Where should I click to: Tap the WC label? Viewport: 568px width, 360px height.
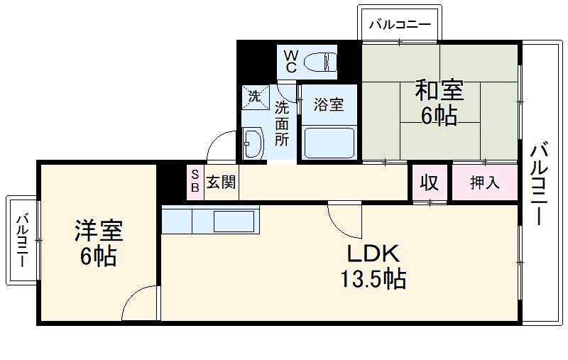[x=291, y=61]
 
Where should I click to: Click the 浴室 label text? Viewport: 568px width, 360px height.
[x=329, y=105]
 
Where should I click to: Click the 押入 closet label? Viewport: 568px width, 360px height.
[x=485, y=183]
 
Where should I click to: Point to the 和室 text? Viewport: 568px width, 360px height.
[x=439, y=91]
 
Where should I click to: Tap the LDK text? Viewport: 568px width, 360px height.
[x=374, y=253]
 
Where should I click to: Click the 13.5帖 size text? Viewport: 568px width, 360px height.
[x=374, y=278]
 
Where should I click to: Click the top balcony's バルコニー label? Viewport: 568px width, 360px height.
[x=399, y=25]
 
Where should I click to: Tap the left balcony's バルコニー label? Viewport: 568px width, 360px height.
[x=22, y=239]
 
